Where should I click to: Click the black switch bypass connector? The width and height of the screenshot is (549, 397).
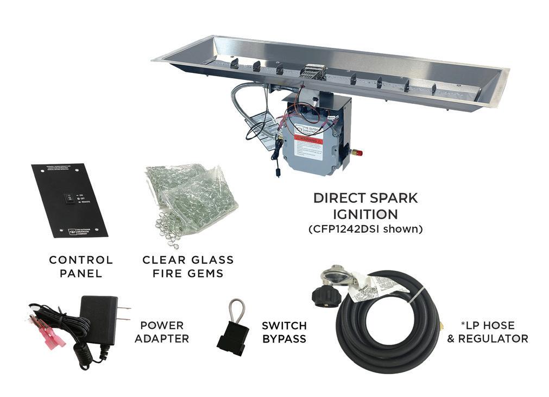coord(233,338)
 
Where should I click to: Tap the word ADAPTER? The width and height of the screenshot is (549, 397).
coord(162,339)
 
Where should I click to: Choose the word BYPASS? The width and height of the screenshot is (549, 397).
coord(283,339)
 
